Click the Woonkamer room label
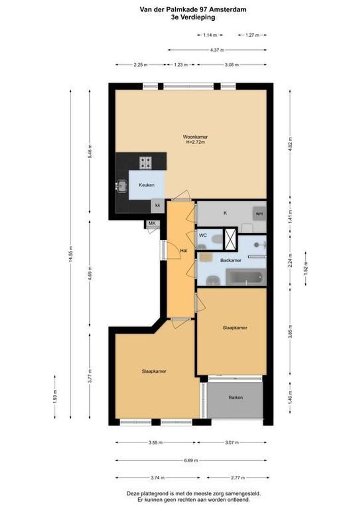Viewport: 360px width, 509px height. point(195,137)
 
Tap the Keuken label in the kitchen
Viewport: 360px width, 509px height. point(146,186)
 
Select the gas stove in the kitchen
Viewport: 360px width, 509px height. point(145,163)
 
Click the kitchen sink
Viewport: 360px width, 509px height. point(122,186)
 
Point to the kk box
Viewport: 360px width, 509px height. point(158,205)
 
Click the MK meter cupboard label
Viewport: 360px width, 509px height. point(152,223)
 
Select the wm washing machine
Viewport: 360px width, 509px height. point(259,213)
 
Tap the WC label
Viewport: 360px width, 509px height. point(203,234)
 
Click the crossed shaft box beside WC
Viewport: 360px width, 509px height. point(230,238)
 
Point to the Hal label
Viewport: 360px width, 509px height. point(184,251)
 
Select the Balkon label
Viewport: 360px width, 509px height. point(236,398)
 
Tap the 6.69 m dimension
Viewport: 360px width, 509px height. point(191,460)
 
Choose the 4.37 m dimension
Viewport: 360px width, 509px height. point(217,50)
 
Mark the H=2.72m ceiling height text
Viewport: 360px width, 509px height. point(195,142)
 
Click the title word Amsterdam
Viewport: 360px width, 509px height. point(229,9)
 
